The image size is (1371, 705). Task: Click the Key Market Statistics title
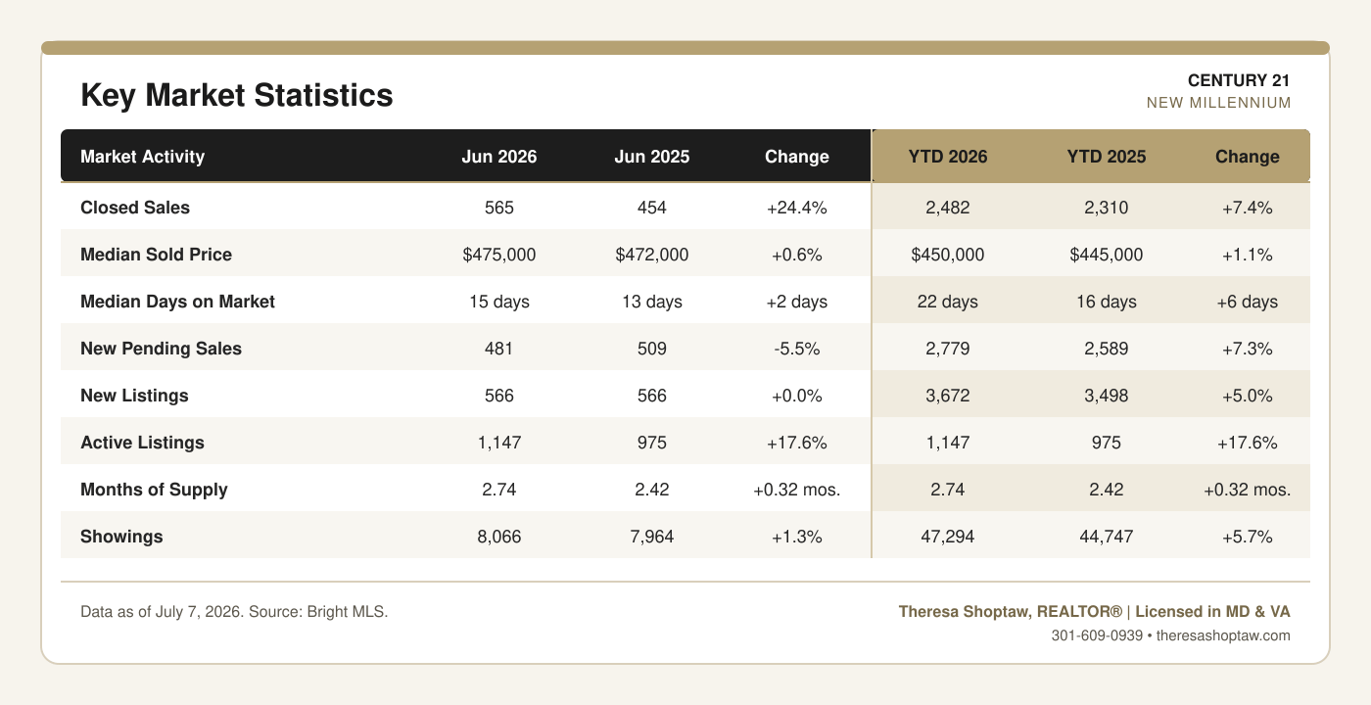pyautogui.click(x=237, y=96)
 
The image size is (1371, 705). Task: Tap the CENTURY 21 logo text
pyautogui.click(x=1239, y=80)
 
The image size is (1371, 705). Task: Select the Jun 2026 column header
pyautogui.click(x=498, y=157)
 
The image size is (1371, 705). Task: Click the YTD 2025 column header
pyautogui.click(x=1106, y=157)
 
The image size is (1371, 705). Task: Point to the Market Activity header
pyautogui.click(x=143, y=157)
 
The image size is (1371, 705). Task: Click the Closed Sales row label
pyautogui.click(x=135, y=208)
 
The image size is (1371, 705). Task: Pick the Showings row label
pyautogui.click(x=121, y=537)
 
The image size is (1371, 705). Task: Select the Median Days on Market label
pyautogui.click(x=177, y=302)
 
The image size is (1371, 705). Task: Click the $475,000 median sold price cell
pyautogui.click(x=498, y=255)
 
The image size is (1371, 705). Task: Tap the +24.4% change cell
pyautogui.click(x=797, y=208)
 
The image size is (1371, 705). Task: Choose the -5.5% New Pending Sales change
pyautogui.click(x=797, y=349)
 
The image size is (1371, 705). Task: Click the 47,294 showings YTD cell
pyautogui.click(x=948, y=537)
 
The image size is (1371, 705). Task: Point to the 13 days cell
pyautogui.click(x=652, y=302)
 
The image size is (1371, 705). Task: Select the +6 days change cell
pyautogui.click(x=1247, y=302)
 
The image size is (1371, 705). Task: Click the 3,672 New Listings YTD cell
pyautogui.click(x=948, y=396)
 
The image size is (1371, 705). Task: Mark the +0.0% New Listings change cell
pyautogui.click(x=797, y=396)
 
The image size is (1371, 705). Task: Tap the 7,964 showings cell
pyautogui.click(x=652, y=537)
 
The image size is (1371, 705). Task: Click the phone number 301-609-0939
pyautogui.click(x=1097, y=635)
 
